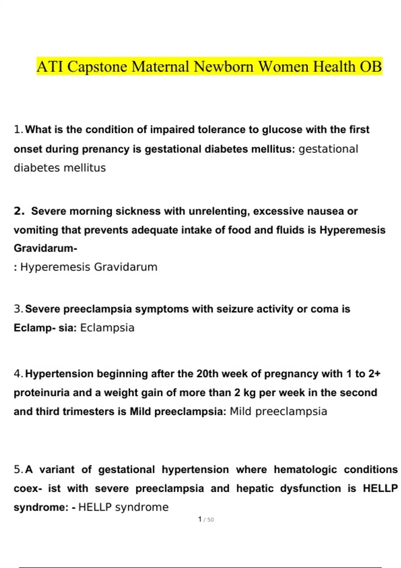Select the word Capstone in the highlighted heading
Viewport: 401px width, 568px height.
97,66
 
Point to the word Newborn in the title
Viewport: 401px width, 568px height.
224,66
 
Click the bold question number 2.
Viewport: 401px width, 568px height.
19,211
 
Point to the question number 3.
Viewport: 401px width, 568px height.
18,309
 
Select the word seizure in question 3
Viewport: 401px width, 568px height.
235,309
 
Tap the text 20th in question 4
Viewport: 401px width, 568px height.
207,374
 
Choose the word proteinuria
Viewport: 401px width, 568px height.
41,393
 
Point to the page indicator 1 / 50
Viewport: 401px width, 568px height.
206,520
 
